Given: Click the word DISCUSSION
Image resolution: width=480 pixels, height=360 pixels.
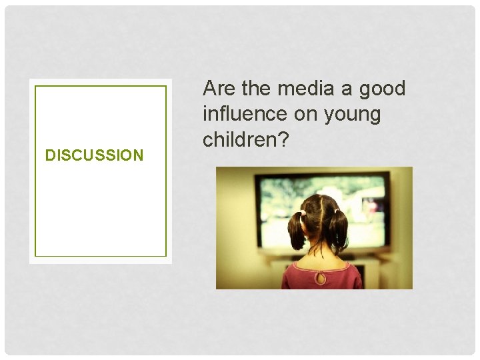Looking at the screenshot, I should (x=94, y=155).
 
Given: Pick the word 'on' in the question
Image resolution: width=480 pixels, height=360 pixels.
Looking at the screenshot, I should (x=306, y=115).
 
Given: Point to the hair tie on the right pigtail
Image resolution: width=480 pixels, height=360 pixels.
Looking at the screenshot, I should (x=337, y=212).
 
